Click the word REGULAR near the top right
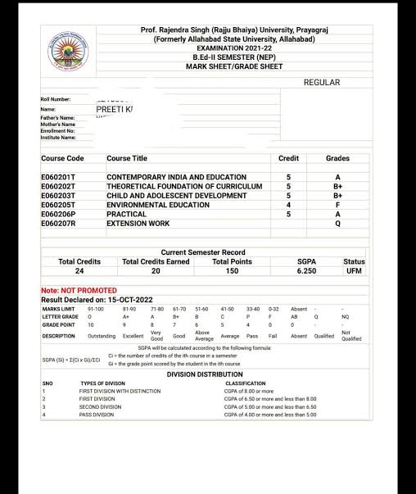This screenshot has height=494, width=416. tap(321, 83)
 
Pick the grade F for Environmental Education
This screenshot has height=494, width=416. tap(337, 205)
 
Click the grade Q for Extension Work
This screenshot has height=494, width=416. tap(337, 224)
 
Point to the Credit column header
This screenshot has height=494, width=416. tap(288, 158)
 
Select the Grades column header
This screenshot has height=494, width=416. tap(337, 158)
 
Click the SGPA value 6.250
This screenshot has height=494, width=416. tap(306, 270)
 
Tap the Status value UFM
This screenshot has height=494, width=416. tap(354, 270)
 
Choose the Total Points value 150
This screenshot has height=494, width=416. tap(233, 270)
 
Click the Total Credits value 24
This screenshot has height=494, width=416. tap(79, 270)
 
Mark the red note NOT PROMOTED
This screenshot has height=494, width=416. tap(79, 291)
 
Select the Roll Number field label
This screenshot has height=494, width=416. tap(56, 100)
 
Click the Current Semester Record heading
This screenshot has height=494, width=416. tap(202, 252)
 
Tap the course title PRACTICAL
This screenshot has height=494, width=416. tap(126, 214)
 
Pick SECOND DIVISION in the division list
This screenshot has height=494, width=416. tap(100, 406)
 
